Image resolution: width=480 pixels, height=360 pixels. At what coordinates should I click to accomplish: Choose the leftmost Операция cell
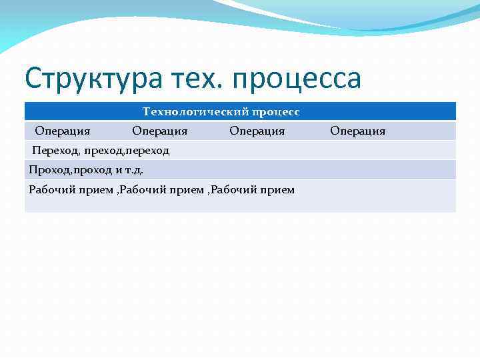click(x=63, y=131)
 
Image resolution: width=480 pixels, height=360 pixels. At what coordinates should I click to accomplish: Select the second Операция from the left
click(x=159, y=131)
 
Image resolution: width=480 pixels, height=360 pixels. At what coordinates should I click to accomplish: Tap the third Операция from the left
click(x=257, y=131)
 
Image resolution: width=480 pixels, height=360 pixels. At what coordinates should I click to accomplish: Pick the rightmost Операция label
click(x=357, y=131)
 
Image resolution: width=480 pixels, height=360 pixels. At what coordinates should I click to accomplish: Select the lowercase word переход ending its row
click(x=148, y=151)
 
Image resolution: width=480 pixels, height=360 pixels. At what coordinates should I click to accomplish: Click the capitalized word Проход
click(x=48, y=170)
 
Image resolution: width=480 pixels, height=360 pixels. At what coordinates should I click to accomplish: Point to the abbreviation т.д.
click(x=133, y=170)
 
